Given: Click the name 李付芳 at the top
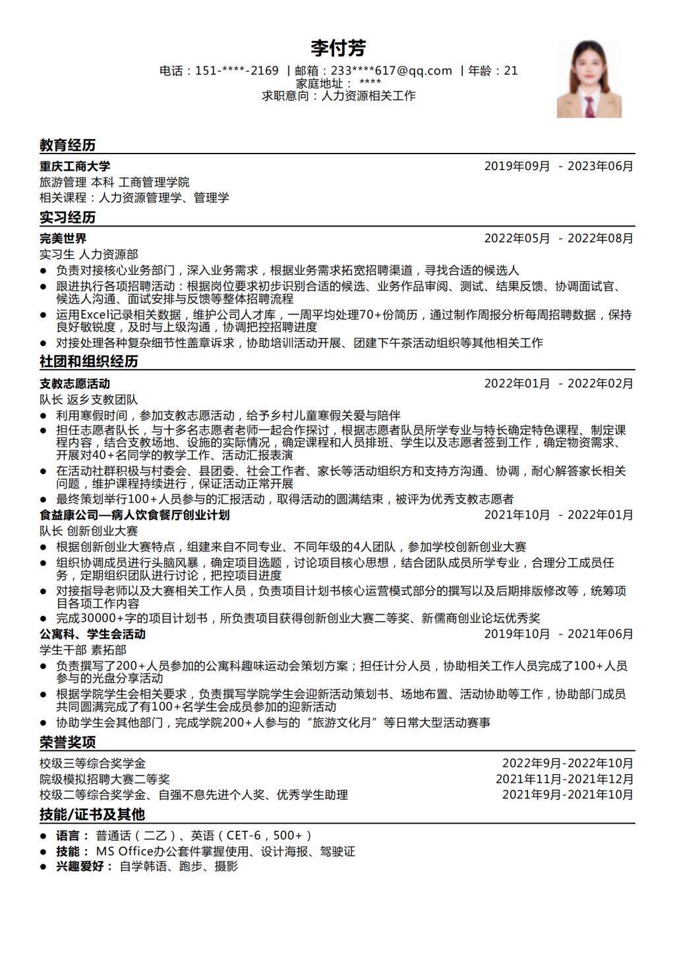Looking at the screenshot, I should [338, 48].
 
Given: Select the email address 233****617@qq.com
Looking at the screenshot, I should [392, 70].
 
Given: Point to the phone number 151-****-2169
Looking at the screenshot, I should [237, 70].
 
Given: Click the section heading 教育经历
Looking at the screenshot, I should [67, 145].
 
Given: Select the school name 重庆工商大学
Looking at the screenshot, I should [74, 166].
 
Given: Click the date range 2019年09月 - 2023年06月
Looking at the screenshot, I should [558, 166].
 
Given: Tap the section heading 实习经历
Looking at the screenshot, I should [67, 217].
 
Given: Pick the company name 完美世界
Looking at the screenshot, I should [63, 238].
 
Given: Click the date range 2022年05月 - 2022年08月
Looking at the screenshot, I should [558, 238].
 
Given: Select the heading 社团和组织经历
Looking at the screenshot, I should [88, 362].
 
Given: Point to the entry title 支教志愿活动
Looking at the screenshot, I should [74, 383].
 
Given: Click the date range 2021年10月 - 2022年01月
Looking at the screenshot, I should [558, 515].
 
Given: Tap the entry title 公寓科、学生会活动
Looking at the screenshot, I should [92, 634].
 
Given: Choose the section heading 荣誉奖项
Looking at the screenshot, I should [67, 743].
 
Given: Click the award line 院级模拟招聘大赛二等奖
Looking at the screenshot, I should [104, 779].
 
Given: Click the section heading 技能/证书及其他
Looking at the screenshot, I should [92, 814].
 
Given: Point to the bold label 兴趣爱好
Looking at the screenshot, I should [84, 866].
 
